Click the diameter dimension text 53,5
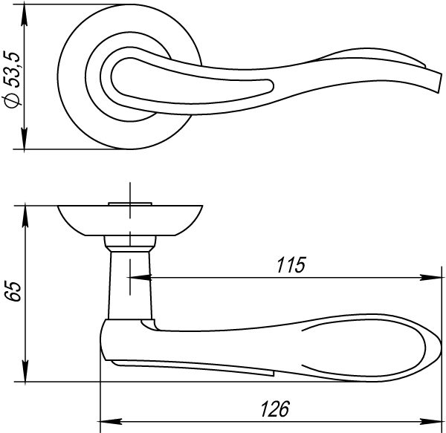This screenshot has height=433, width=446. (x=13, y=70)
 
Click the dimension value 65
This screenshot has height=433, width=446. (x=13, y=291)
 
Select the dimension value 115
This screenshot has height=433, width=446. (x=291, y=265)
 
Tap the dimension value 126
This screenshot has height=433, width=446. (x=275, y=409)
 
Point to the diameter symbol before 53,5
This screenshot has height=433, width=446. (x=13, y=99)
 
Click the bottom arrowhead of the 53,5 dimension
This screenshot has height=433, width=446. (x=25, y=138)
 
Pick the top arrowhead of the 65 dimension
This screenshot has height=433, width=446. (x=25, y=217)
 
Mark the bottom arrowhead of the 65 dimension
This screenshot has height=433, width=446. (x=25, y=371)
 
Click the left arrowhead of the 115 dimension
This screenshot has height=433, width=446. (x=140, y=277)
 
